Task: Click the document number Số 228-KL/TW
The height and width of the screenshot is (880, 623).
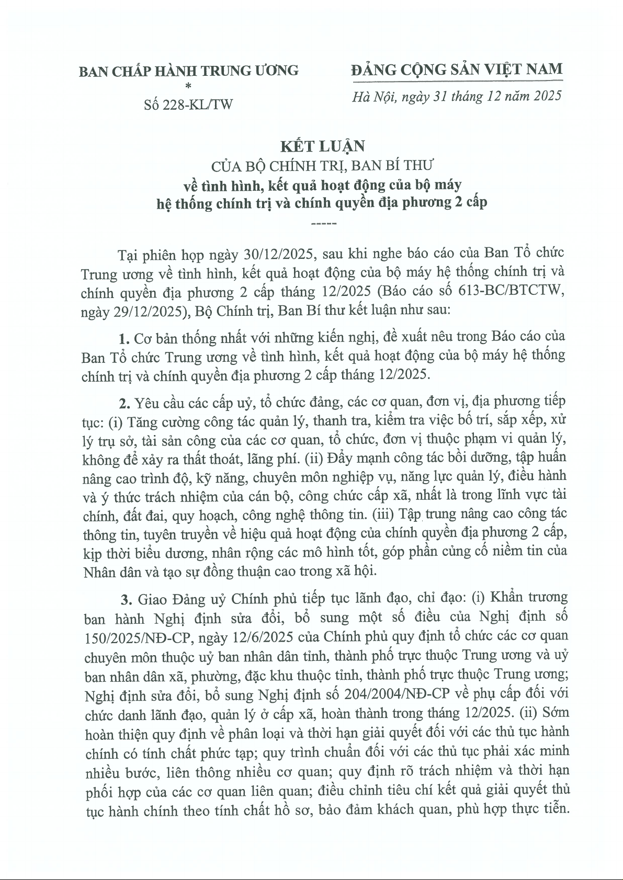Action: click(x=188, y=105)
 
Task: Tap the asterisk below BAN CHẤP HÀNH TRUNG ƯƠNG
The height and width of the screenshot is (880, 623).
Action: click(x=188, y=85)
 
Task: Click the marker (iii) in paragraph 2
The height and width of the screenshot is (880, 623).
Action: click(x=383, y=513)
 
